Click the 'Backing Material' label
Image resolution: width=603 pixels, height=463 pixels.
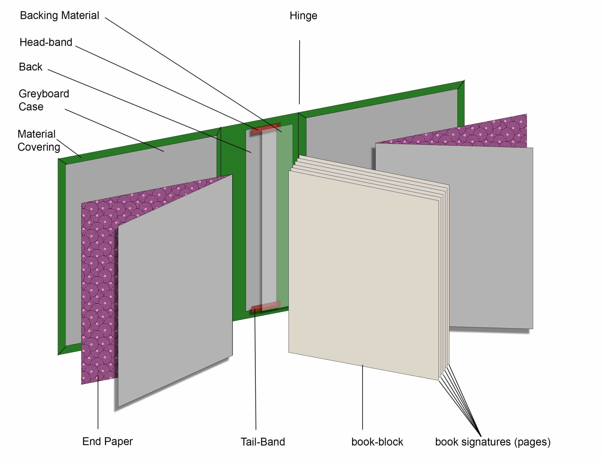pos(59,16)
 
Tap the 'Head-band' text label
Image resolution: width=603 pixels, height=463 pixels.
pos(46,42)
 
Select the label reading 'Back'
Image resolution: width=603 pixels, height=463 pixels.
pos(30,67)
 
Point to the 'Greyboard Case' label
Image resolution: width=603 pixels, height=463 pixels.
pos(44,100)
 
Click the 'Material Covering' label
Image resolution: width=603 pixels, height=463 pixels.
pos(39,140)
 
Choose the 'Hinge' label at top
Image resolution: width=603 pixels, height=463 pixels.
pos(303,16)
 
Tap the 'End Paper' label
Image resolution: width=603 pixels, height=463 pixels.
pos(107,441)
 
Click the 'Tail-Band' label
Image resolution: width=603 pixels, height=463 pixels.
pos(263,442)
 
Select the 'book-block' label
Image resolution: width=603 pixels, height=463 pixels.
pos(377,442)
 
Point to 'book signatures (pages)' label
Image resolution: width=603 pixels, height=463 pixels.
pos(493,442)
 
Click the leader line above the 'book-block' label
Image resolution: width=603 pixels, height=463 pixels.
pos(362,397)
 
